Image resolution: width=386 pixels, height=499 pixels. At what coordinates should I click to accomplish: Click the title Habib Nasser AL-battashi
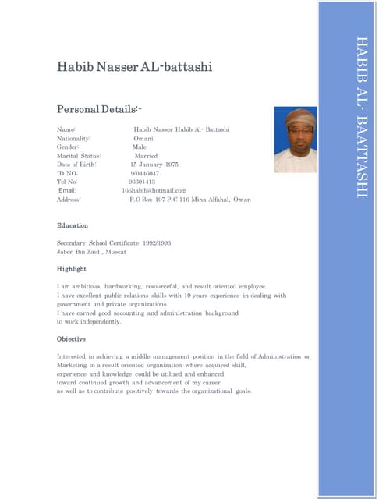coord(134,67)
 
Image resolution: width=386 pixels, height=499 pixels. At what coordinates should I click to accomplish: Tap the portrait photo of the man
coord(296,140)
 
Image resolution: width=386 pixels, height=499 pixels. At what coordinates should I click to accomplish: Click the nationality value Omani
coord(143,138)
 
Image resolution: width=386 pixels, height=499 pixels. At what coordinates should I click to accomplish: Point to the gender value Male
coord(140,147)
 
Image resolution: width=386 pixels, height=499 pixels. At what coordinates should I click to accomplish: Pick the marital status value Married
coord(146,156)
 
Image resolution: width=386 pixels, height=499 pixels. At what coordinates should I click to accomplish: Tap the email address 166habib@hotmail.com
coord(154,190)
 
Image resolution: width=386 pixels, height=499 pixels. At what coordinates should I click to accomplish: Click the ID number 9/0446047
coord(145,173)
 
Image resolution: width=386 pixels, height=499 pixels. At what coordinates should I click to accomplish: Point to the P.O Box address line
coord(190,200)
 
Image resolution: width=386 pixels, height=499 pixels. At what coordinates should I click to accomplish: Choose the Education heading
coord(73,225)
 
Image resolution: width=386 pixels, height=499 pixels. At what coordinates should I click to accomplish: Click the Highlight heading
coord(72,269)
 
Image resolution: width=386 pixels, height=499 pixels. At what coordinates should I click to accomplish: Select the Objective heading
coord(71,339)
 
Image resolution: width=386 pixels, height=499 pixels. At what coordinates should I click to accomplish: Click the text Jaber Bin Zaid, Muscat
coord(91,252)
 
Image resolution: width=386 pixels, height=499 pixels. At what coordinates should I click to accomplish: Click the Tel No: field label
coord(69,182)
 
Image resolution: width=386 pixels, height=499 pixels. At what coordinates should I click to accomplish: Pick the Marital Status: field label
coord(79,156)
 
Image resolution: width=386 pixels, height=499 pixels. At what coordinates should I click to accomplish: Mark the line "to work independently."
coord(89,321)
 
